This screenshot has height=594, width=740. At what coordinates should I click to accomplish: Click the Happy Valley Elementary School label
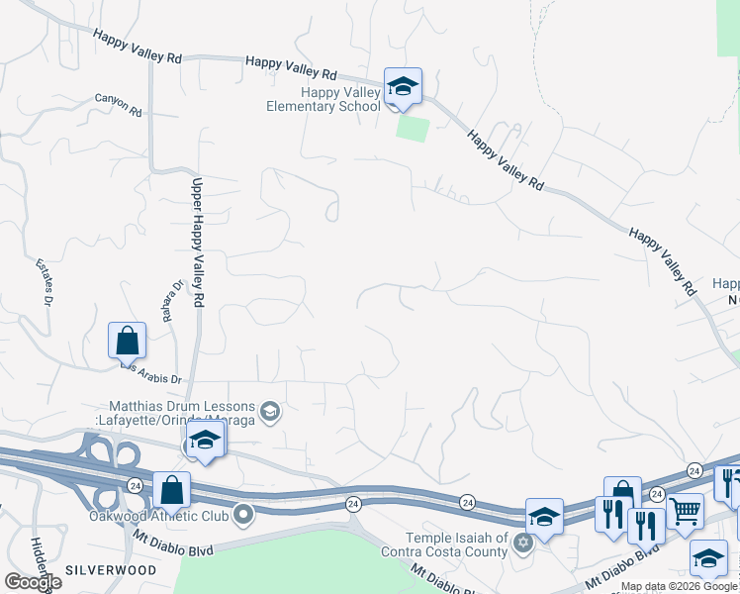click(324, 99)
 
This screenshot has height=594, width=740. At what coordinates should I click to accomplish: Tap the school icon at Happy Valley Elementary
click(403, 86)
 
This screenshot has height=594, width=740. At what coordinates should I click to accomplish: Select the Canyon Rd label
click(119, 105)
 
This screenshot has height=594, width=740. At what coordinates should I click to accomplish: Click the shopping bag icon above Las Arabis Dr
click(128, 341)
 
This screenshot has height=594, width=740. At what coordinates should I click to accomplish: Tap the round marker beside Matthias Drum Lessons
click(269, 410)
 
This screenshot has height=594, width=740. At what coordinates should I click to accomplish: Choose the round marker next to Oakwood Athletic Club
click(243, 515)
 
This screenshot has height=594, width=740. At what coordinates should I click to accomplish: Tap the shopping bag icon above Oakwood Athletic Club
click(171, 489)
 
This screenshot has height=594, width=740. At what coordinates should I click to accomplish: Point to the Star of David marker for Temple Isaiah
click(523, 541)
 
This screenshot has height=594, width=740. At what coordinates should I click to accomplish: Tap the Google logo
click(32, 582)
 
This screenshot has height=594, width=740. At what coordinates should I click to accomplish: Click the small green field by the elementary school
click(414, 128)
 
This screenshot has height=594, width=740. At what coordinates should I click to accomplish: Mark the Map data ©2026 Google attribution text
click(679, 587)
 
